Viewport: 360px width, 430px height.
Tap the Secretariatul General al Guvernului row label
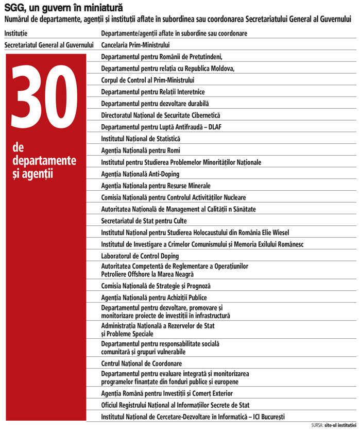[49, 45]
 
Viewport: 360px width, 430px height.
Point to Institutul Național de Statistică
[141, 139]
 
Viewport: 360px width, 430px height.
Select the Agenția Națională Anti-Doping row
[140, 174]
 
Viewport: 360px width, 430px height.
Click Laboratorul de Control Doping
[140, 256]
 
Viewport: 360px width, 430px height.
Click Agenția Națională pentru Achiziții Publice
[154, 297]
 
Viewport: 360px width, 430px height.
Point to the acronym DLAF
[214, 127]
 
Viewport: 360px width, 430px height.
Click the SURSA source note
[334, 425]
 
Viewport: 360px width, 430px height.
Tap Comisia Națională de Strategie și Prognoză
[156, 286]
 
